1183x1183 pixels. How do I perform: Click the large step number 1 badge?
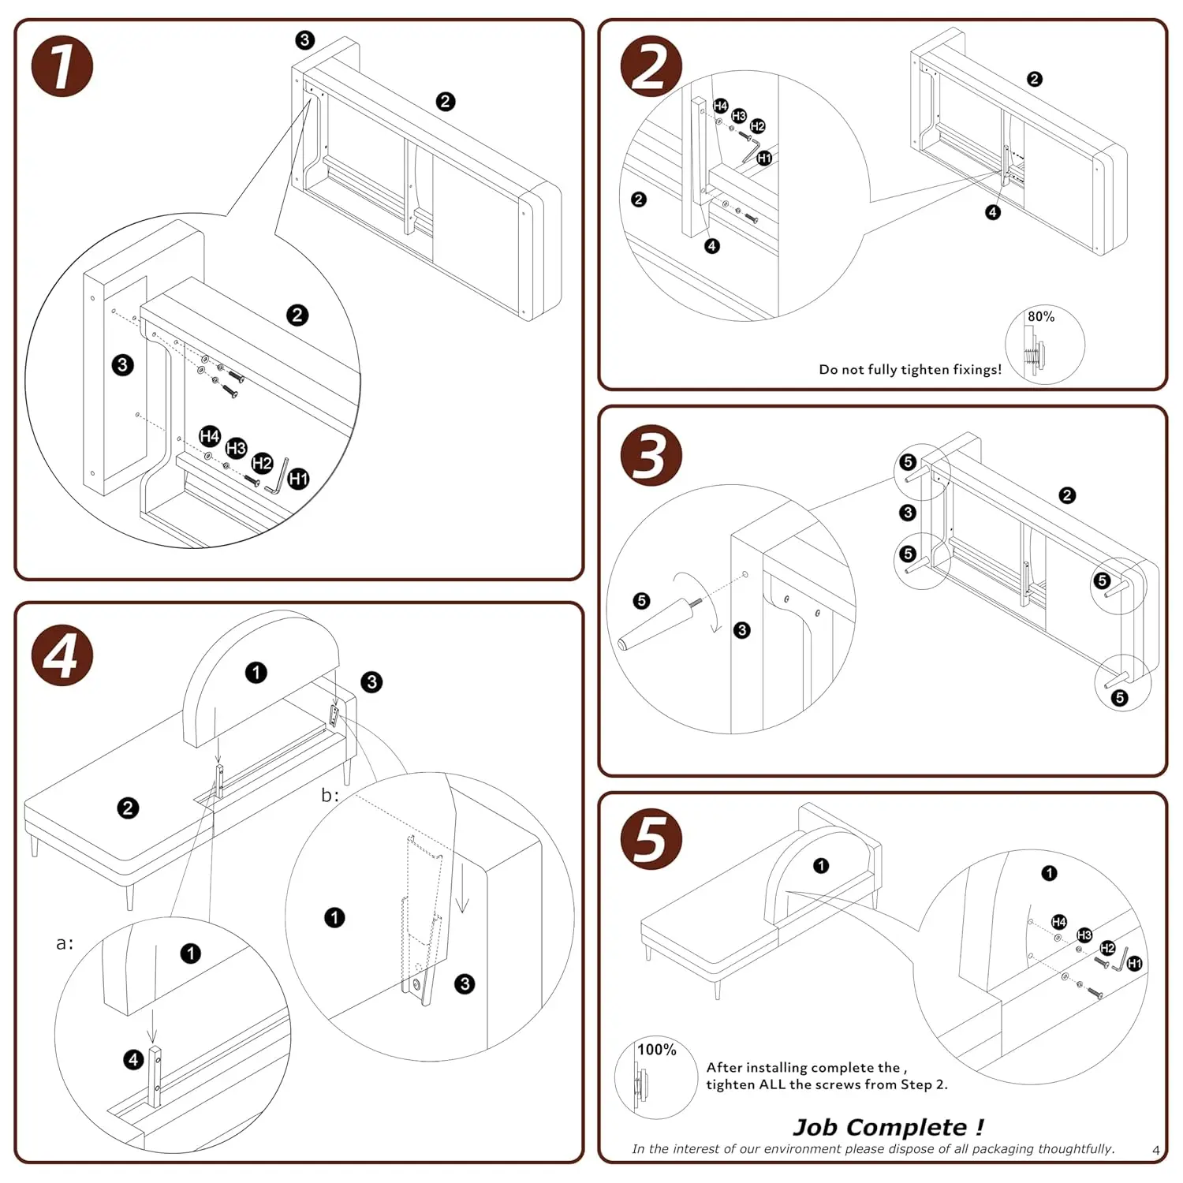[x=62, y=67]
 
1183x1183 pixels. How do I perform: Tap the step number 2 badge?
[x=651, y=67]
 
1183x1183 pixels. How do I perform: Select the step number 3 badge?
[x=651, y=455]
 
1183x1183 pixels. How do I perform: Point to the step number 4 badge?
[x=62, y=655]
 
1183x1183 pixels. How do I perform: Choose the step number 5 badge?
[x=651, y=839]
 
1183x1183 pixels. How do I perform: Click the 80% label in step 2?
[x=1040, y=317]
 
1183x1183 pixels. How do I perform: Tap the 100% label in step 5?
[x=656, y=1050]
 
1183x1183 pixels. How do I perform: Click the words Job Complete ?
[x=888, y=1127]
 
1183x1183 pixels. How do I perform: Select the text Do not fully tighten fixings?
[x=910, y=369]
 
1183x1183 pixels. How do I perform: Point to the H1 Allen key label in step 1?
[x=298, y=479]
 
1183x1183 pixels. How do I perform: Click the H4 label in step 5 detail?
[x=1059, y=922]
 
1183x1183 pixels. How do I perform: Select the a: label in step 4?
[x=65, y=943]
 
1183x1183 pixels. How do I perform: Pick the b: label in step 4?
[x=330, y=795]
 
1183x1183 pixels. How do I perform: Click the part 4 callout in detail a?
[x=133, y=1060]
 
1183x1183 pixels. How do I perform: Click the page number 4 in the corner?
[x=1155, y=1151]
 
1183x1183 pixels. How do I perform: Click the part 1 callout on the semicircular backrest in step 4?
[x=256, y=673]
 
